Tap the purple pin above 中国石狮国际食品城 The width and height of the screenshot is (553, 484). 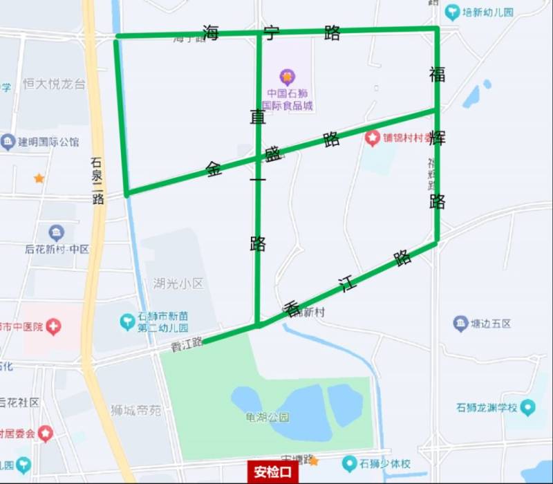click(286, 77)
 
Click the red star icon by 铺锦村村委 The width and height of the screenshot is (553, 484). click(373, 138)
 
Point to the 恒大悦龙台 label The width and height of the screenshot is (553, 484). click(54, 84)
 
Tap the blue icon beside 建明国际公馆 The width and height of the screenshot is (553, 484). click(8, 142)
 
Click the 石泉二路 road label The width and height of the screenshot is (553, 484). click(97, 182)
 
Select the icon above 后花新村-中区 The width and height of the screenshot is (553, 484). click(56, 232)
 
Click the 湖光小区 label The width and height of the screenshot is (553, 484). click(178, 283)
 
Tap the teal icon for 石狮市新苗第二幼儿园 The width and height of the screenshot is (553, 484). click(127, 322)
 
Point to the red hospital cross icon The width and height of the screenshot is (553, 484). click(54, 326)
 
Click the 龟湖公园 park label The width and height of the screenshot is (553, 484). click(267, 418)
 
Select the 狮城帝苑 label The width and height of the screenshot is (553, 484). click(136, 410)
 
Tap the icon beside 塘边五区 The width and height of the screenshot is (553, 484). click(461, 323)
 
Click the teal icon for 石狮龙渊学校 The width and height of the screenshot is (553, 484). click(529, 407)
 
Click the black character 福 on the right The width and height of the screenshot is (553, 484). click(437, 74)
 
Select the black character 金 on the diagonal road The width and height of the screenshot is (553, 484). click(214, 169)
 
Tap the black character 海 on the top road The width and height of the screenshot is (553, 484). click(211, 32)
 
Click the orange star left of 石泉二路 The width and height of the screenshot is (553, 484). click(39, 178)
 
